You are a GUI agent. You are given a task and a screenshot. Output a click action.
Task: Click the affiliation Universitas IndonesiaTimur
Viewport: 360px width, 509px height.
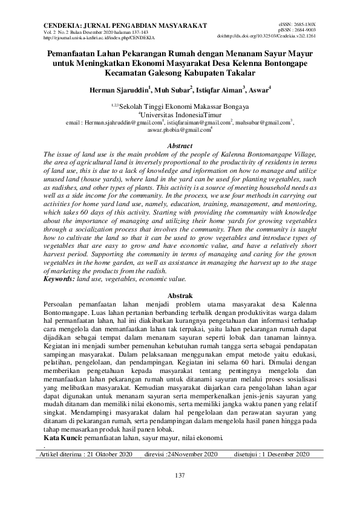pyautogui.click(x=180, y=114)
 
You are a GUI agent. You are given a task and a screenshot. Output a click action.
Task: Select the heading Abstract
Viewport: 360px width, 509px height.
pyautogui.click(x=179, y=146)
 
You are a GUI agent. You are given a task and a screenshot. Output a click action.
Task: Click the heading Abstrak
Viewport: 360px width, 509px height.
pyautogui.click(x=179, y=294)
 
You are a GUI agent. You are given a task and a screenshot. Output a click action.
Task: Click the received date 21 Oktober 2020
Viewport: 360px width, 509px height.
pyautogui.click(x=110, y=454)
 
